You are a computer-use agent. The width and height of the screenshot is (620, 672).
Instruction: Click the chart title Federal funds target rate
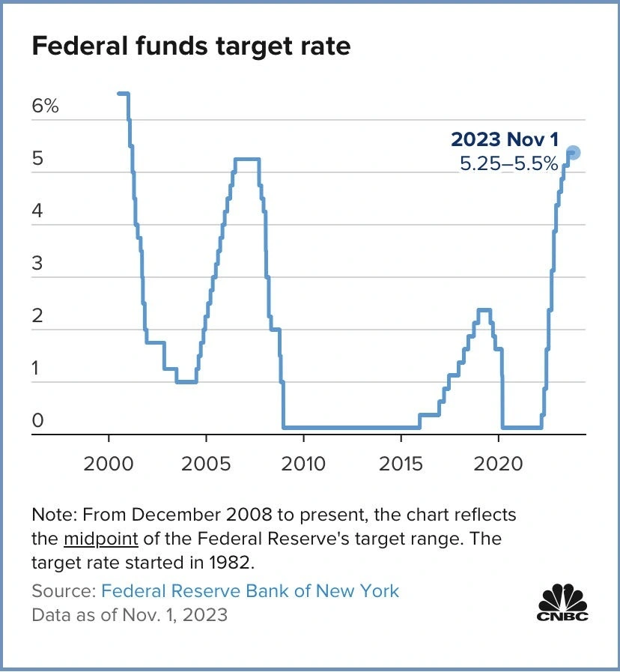191,46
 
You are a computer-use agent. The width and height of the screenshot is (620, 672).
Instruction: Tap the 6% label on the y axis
45,106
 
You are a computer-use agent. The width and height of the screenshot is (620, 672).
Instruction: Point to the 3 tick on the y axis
37,264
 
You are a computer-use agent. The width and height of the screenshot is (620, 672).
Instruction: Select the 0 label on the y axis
37,421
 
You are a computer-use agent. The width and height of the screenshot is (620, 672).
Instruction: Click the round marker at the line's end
573,153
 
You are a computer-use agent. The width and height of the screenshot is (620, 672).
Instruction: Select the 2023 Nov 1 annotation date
505,139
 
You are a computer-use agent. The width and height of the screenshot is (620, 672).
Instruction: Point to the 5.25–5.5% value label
509,164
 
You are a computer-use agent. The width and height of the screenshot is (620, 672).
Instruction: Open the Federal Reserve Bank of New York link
250,591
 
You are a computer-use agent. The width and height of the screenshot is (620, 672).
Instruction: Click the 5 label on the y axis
37,159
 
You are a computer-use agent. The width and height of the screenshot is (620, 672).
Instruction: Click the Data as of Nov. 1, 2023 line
130,615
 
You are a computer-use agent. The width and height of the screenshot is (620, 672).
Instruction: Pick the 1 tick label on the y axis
37,369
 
